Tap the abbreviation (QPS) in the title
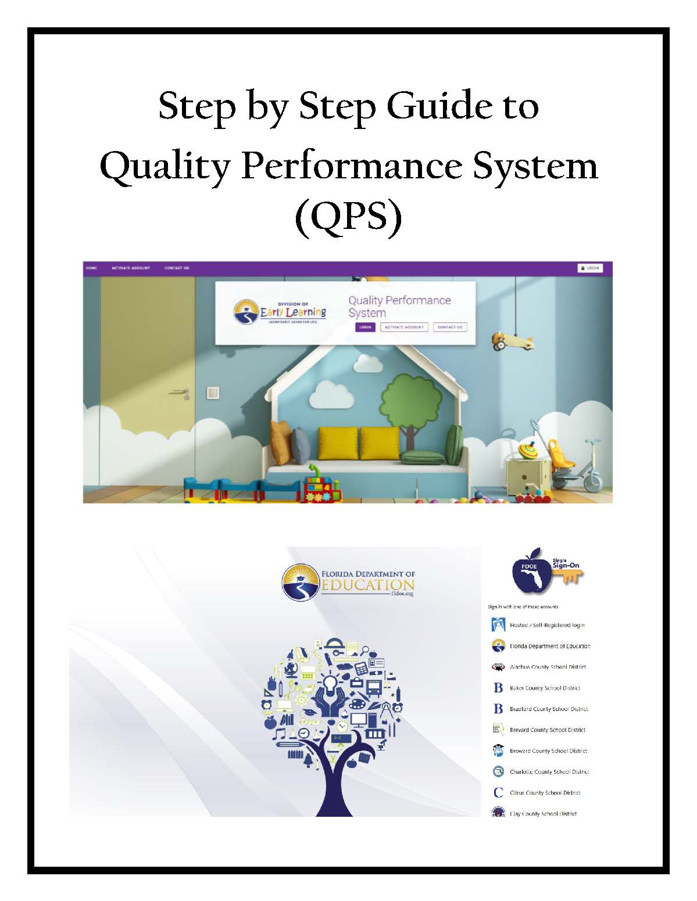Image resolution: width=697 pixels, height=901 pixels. coord(348,218)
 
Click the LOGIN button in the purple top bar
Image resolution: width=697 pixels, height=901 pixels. coord(590,268)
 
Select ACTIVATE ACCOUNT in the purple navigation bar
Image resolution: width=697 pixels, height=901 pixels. coord(131,268)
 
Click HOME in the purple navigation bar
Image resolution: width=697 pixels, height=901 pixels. coord(91,268)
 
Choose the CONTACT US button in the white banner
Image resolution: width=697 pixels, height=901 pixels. coord(450,327)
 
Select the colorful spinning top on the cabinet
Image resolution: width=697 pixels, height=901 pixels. coord(524,450)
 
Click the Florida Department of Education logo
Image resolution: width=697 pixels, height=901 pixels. coord(348,581)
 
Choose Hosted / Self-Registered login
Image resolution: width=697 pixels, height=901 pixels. coord(546,625)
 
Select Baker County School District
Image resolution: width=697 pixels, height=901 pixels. coord(545,688)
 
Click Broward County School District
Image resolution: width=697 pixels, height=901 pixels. coord(548,751)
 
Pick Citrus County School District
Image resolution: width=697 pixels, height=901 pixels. coord(545,792)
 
